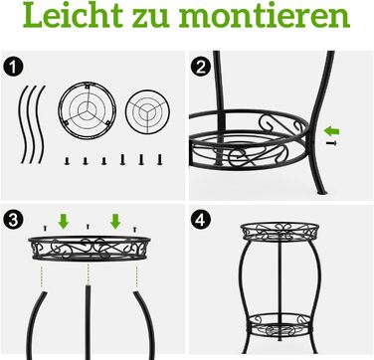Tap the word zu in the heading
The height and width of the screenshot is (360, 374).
click(x=152, y=18)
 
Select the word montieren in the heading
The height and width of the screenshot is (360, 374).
click(x=265, y=15)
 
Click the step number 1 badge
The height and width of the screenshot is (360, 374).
click(x=13, y=67)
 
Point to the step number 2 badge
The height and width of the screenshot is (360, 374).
click(x=201, y=68)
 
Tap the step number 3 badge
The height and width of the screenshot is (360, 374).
click(x=13, y=220)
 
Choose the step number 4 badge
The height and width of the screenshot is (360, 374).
click(x=201, y=220)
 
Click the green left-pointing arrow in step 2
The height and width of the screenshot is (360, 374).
click(x=331, y=131)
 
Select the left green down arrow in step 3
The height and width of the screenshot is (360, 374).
click(x=64, y=221)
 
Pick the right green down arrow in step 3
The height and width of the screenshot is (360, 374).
click(x=115, y=221)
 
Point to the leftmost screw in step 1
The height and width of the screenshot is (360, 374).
click(x=68, y=161)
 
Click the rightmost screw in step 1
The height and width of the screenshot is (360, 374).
click(x=160, y=159)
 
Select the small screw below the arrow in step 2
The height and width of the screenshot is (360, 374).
click(x=331, y=143)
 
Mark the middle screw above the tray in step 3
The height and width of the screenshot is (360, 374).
click(x=88, y=227)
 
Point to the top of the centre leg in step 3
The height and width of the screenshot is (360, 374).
click(x=88, y=285)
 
